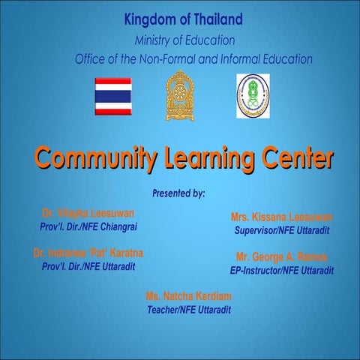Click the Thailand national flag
[112, 96]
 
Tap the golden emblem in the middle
[179, 95]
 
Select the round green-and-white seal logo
[252, 96]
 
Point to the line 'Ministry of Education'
[184, 39]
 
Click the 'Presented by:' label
[178, 193]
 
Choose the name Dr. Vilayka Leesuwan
[88, 213]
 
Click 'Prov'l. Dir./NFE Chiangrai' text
[88, 226]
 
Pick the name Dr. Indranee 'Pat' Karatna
[88, 253]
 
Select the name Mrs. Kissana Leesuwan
[282, 217]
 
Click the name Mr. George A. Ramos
[282, 256]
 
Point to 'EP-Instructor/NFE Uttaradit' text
[282, 270]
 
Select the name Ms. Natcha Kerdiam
[188, 296]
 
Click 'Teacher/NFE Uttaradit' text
[188, 310]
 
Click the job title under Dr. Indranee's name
[88, 267]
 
